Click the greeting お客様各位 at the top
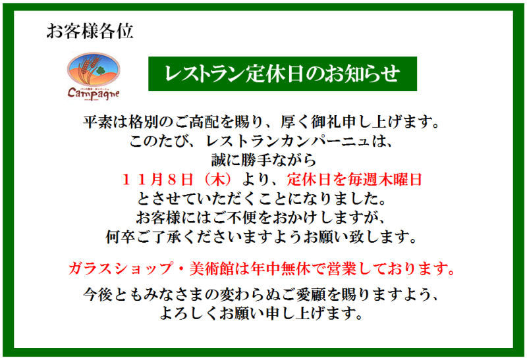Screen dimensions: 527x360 point(90,31)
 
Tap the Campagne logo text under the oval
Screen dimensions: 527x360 point(94,93)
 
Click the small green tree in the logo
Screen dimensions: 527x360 point(100,70)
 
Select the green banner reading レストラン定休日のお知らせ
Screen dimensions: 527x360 point(283,74)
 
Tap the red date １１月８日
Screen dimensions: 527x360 point(157,180)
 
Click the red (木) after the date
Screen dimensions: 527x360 point(219,180)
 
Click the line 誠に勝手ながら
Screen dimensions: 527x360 point(263,160)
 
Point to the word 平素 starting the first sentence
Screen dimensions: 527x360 point(97,122)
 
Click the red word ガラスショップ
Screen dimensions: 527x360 point(121,269)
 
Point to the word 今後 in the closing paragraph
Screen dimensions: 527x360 point(97,294)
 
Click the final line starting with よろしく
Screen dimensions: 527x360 point(262,313)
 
